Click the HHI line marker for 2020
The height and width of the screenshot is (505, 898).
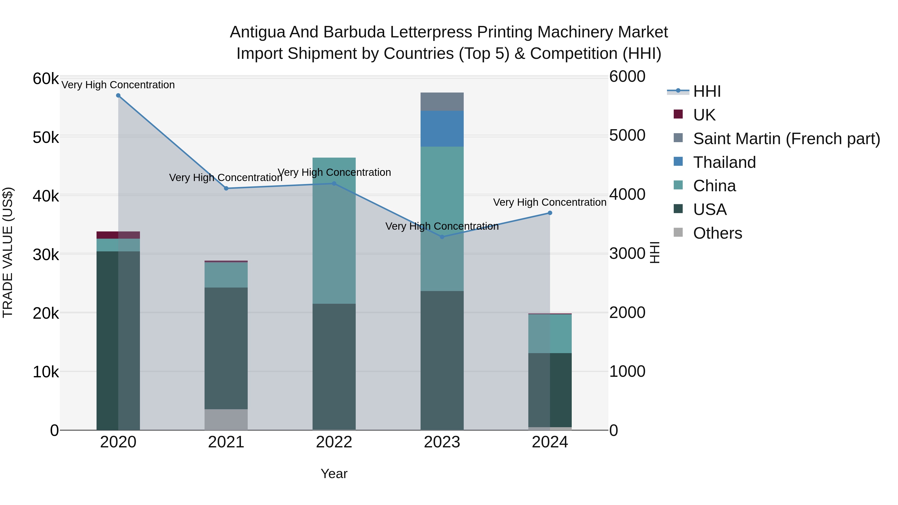pos(118,96)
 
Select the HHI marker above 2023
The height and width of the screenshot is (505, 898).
pos(442,237)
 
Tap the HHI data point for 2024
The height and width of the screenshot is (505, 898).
pos(550,213)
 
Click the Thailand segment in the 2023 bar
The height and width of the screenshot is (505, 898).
pos(442,129)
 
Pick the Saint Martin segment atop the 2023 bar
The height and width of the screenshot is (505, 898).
pos(442,102)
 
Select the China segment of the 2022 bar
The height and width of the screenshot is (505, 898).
pos(334,231)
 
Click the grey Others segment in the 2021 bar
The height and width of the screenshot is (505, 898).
pos(226,420)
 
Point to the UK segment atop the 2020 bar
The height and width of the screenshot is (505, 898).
pos(118,235)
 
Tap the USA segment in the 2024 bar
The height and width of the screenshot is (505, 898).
pos(550,390)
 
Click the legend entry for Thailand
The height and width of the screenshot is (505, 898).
pos(724,162)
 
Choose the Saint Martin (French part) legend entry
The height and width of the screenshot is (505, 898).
pos(786,139)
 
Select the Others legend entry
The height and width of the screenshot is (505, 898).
pos(717,233)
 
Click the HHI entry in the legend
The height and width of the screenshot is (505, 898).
pos(707,91)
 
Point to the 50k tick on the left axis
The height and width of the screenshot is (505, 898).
pos(46,138)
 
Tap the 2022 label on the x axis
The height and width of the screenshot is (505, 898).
pos(334,442)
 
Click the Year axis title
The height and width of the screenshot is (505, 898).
pos(334,474)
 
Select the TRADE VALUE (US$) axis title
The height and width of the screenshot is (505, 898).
pos(8,253)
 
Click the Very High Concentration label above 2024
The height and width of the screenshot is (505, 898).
pos(550,202)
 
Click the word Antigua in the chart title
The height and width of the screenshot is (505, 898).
pos(257,32)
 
